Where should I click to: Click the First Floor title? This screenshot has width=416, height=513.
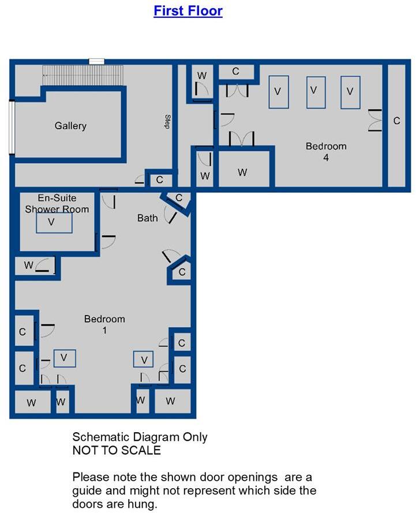click(x=188, y=10)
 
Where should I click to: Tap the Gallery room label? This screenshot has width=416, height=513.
click(x=70, y=126)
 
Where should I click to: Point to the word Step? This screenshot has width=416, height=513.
click(x=167, y=122)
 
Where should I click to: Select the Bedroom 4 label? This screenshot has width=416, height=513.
click(x=326, y=152)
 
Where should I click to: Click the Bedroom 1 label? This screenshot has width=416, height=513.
click(x=104, y=324)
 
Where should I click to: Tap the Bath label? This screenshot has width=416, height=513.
click(x=147, y=218)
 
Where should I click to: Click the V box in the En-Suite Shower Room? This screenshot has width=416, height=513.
click(x=54, y=223)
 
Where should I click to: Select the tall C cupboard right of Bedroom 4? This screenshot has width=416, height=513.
click(x=396, y=121)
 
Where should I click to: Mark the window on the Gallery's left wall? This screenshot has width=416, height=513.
click(x=11, y=128)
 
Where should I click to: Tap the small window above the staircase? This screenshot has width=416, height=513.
click(x=96, y=61)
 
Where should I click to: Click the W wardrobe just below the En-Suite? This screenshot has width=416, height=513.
click(x=29, y=265)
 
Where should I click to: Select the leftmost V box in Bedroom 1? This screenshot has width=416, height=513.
click(x=64, y=358)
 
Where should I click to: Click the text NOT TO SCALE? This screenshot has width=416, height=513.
click(x=116, y=450)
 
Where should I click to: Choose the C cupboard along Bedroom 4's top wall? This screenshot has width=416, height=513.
click(x=236, y=72)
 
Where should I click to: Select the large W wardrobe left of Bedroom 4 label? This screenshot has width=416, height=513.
click(x=243, y=172)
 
